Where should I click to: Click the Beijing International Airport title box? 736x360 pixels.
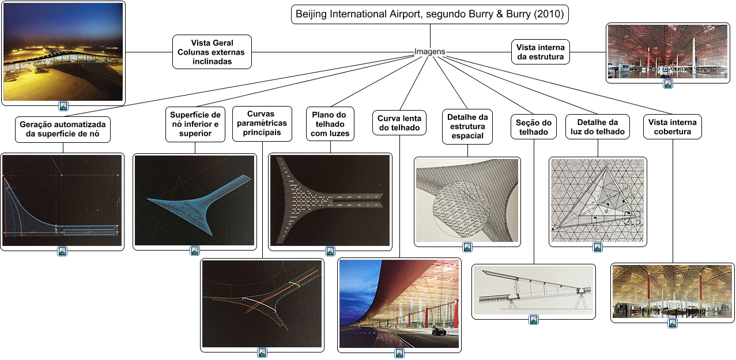[x=429, y=14]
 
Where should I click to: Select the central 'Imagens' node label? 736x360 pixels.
[x=430, y=52]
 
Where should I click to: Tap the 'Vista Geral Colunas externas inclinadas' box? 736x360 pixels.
[x=212, y=52]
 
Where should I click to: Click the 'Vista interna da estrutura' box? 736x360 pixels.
[x=541, y=52]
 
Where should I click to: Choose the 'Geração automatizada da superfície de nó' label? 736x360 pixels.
[x=63, y=129]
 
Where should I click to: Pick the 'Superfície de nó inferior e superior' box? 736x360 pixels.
[x=195, y=124]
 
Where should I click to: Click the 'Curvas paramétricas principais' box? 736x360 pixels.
[x=263, y=123]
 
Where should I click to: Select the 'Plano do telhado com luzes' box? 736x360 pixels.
[x=330, y=124]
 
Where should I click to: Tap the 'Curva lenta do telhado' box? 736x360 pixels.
[x=399, y=123]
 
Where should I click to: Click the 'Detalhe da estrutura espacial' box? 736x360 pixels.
[x=467, y=126]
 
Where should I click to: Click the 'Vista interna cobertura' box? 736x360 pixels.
[x=672, y=127]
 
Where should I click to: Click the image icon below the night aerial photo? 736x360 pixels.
[x=63, y=106]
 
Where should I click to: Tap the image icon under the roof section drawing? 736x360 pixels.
[x=534, y=320]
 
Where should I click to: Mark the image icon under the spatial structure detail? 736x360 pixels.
[x=467, y=247]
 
